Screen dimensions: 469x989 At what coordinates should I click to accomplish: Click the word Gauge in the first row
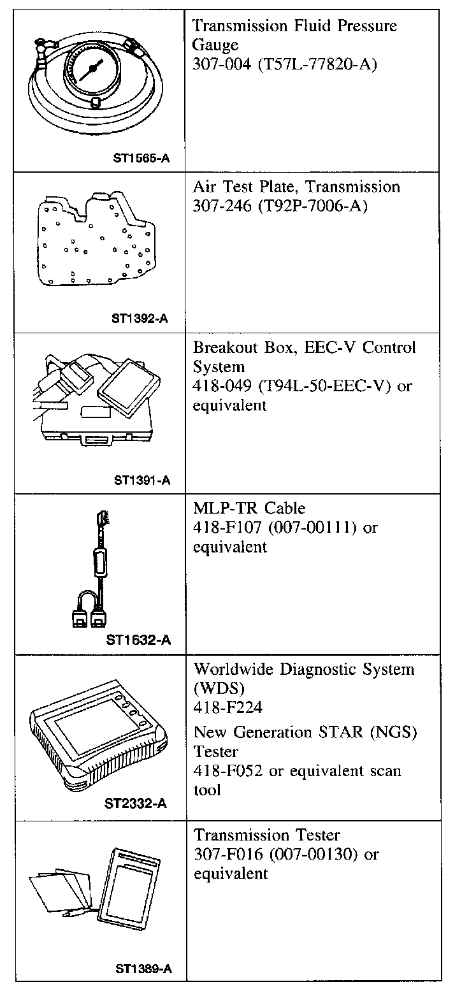pos(215,45)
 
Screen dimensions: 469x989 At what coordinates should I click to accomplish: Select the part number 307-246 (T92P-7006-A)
pos(280,206)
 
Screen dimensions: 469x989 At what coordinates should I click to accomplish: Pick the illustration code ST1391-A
pos(142,480)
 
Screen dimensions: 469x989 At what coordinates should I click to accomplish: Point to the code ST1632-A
pos(139,639)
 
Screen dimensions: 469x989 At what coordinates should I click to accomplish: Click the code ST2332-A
pos(136,803)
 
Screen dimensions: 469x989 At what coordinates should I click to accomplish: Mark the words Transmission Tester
pos(267,835)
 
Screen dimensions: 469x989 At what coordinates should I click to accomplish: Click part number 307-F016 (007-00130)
pos(277,854)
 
